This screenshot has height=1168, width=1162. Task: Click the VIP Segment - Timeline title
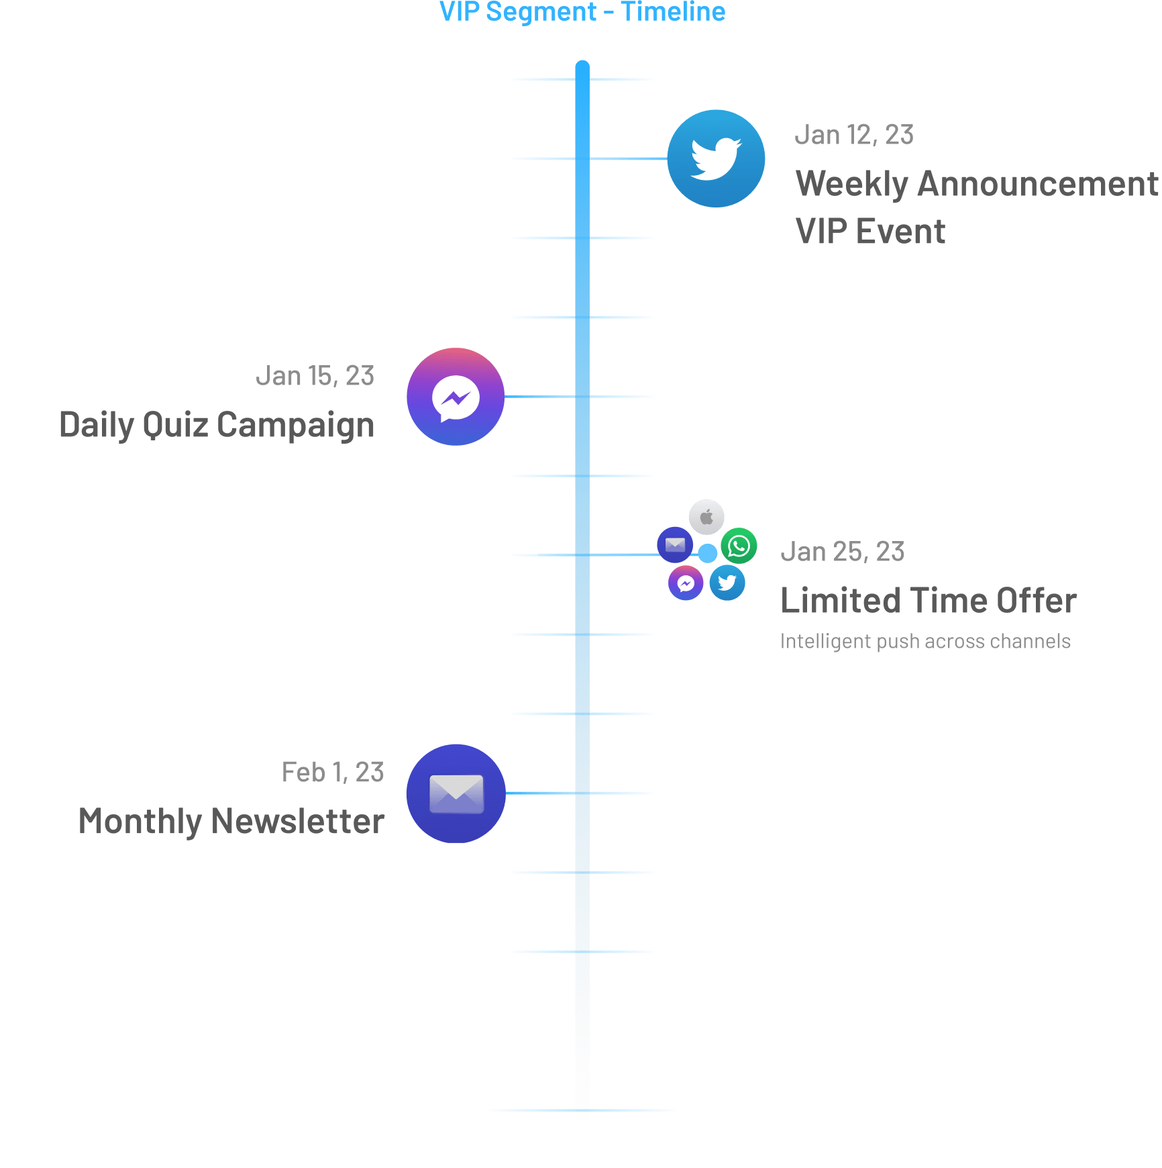582,12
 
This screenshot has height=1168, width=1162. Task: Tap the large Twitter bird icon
716,159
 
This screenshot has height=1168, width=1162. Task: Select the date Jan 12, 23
854,135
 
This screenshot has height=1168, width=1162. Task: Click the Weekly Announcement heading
976,184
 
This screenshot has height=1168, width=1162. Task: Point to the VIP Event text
870,232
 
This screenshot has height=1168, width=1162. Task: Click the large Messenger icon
456,397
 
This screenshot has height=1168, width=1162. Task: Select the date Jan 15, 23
315,376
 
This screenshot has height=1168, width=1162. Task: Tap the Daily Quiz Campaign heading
217,425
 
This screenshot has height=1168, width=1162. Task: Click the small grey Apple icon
706,518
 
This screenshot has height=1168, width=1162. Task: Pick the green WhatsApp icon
739,546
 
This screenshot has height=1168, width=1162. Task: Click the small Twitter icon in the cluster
727,583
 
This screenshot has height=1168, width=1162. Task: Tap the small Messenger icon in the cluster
686,583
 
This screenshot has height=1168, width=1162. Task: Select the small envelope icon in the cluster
675,544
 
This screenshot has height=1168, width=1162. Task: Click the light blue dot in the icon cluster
707,553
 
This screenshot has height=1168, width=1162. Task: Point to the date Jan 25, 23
843,552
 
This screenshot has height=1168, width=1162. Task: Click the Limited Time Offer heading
929,601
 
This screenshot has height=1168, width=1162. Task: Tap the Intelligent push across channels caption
925,641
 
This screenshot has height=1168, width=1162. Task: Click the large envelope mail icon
456,793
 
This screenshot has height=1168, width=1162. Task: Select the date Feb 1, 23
333,773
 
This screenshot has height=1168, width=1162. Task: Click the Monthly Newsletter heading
231,822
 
